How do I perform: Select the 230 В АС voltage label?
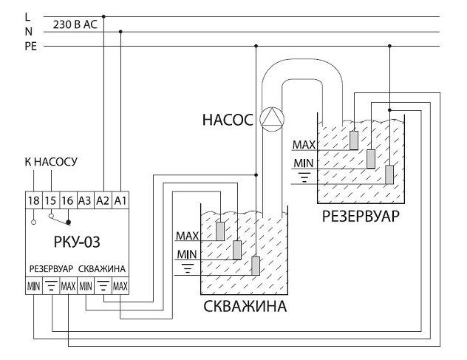coord(75,24)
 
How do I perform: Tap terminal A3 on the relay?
coord(85,200)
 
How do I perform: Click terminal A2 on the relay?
coord(103,200)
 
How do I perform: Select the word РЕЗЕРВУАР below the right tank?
coord(361,218)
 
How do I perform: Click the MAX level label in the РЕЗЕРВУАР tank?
coord(304,144)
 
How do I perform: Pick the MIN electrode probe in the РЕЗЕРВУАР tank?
coord(371,157)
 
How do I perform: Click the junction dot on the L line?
coord(103,16)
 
